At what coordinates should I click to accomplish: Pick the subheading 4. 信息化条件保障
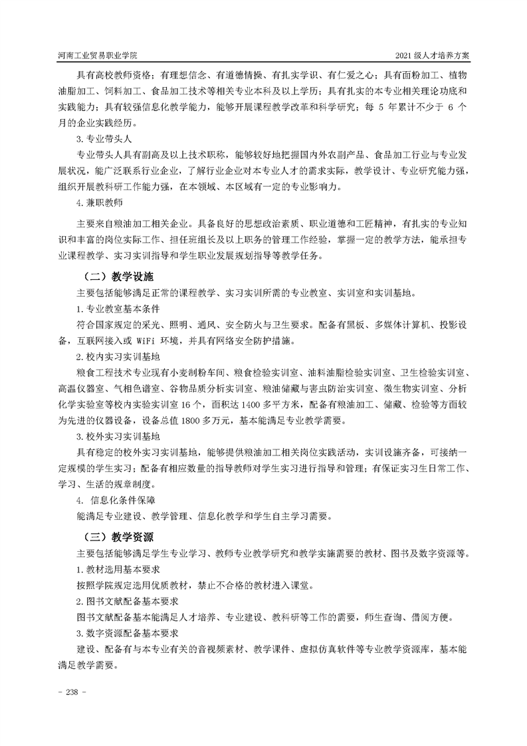(x=118, y=499)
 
